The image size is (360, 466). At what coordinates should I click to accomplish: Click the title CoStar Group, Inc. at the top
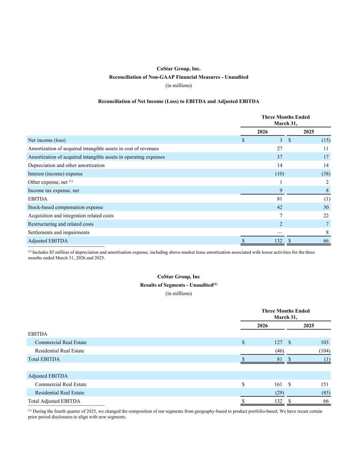click(178, 69)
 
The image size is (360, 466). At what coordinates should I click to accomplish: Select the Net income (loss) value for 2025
click(326, 140)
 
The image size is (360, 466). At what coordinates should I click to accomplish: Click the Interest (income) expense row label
click(55, 174)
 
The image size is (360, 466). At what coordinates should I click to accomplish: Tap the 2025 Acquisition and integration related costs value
click(326, 216)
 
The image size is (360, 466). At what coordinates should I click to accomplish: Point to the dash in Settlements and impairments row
click(279, 232)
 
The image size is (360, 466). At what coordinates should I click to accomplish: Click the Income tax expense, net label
click(54, 190)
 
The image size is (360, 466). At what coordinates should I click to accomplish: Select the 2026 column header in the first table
click(262, 132)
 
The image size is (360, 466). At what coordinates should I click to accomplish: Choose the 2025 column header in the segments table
click(308, 326)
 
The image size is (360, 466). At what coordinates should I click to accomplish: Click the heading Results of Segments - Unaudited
click(176, 285)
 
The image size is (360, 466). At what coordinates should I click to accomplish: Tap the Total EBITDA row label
click(44, 359)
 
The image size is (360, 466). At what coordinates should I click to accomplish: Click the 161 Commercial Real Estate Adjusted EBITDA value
click(278, 384)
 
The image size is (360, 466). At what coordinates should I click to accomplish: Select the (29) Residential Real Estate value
click(279, 393)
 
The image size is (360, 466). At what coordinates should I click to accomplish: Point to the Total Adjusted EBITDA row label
click(54, 401)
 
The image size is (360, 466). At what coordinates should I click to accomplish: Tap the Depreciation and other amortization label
click(66, 165)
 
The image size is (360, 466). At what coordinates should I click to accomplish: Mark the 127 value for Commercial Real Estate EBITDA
click(278, 342)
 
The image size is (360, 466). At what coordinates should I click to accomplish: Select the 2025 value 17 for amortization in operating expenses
click(326, 157)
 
